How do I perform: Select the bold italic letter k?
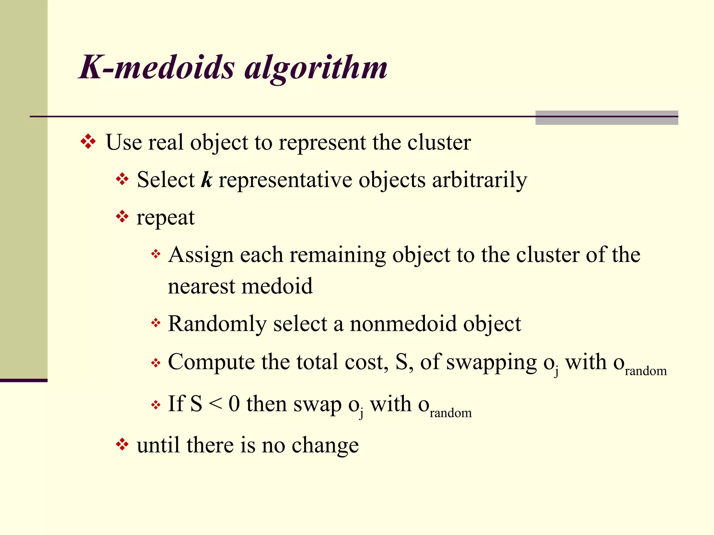(x=206, y=180)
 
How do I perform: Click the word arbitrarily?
(x=479, y=180)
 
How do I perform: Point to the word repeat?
(x=166, y=218)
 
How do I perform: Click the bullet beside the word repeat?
(x=122, y=217)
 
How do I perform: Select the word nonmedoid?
(x=403, y=324)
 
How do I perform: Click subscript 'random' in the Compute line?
(x=646, y=371)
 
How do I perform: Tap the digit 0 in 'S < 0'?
(x=234, y=404)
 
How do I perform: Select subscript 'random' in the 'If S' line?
(x=450, y=413)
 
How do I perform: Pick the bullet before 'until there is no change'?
(x=122, y=444)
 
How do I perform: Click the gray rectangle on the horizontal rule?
(x=606, y=118)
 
